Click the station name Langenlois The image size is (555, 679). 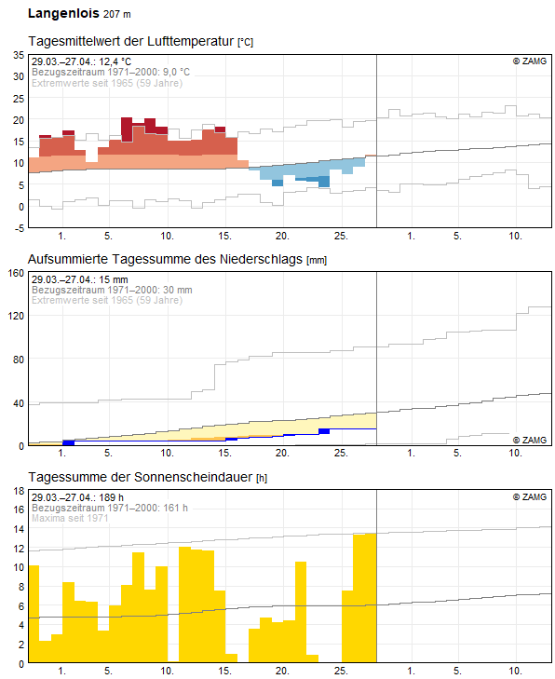pos(63,13)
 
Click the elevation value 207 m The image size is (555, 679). pos(117,14)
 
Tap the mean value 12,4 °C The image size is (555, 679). pos(115,61)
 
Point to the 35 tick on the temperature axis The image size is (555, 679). pos(19,55)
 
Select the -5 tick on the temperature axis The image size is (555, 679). pos(19,228)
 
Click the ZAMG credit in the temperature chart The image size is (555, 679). pos(530,61)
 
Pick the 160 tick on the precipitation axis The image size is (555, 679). pos(16,273)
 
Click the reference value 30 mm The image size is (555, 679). pos(178,290)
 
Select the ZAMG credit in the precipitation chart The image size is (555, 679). pos(530,440)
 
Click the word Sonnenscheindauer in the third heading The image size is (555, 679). pos(193,477)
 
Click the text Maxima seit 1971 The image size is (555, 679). pos(70,518)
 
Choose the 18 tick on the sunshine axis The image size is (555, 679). pos(19,491)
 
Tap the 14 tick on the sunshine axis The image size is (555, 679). pos(19,529)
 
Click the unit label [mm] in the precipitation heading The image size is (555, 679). pos(317,260)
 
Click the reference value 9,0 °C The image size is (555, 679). pos(176,72)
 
